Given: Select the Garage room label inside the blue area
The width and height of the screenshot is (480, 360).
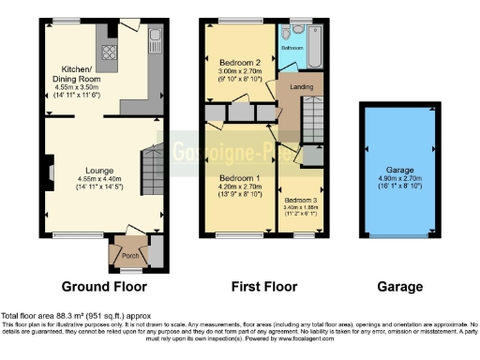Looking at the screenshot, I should point(397,171).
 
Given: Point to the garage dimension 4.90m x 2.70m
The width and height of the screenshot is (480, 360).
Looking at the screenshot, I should point(397,180).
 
